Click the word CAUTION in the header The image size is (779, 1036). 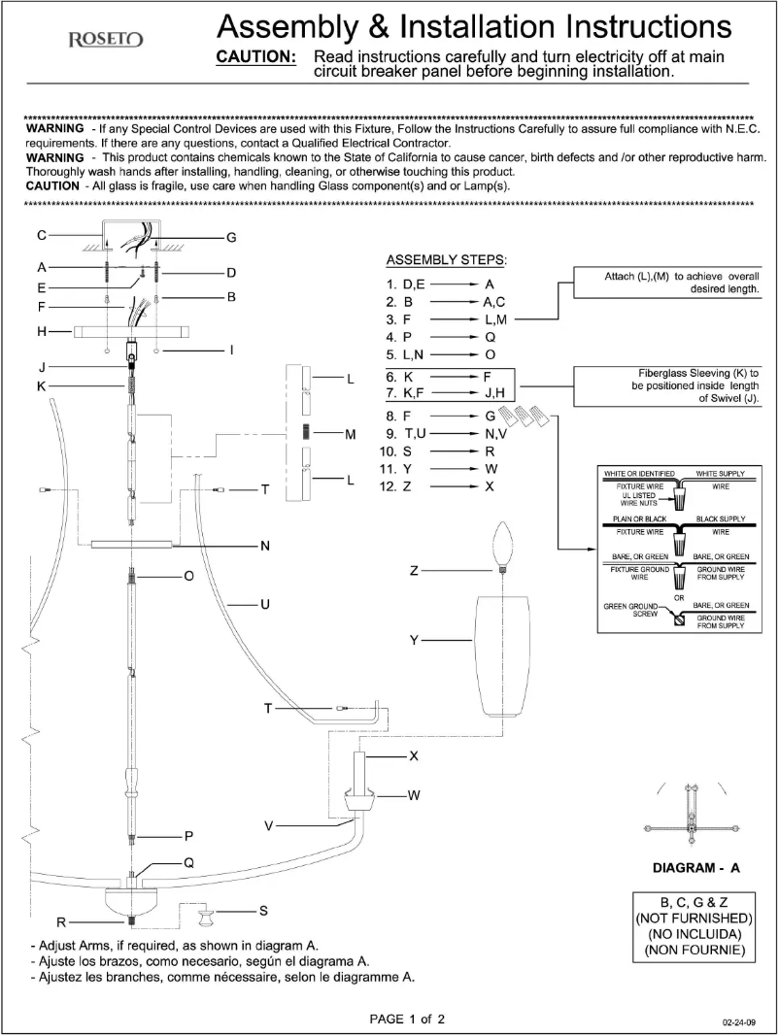coord(255,57)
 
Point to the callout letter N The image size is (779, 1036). coord(263,546)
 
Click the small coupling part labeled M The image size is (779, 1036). coord(305,433)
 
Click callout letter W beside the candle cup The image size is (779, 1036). coord(414,795)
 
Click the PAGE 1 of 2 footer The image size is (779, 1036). coord(408,1019)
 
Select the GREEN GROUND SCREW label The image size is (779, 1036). coord(631,610)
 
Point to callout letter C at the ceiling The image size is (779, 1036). coord(42,235)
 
